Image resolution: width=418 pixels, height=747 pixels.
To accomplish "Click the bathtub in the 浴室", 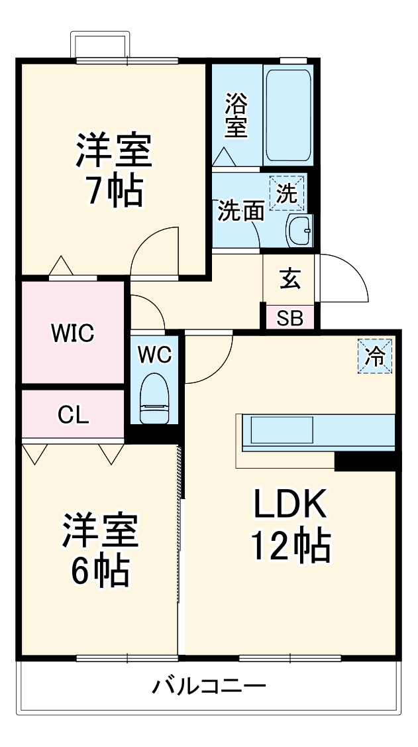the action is tap(288, 115).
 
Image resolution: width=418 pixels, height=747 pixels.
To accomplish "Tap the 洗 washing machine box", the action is tap(287, 193).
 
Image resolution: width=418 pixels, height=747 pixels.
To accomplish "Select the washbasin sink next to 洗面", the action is tap(299, 231).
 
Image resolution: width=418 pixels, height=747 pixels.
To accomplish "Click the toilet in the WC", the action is tap(154, 398).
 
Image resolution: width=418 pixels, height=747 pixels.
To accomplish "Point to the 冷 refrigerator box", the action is tap(375, 356).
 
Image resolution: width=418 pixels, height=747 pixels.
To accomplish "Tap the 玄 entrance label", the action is tap(289, 279).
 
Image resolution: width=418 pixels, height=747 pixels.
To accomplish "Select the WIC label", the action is tap(73, 333).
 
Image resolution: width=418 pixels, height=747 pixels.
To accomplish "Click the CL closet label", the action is tap(74, 416).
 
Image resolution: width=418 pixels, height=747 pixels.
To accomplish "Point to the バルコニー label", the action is tap(209, 687).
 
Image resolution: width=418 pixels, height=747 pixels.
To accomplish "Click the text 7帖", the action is tap(113, 191).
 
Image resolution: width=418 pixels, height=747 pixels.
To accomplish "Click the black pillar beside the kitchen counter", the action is tap(366, 461).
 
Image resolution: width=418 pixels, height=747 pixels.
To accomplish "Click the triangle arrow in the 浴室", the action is tap(223, 156).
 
